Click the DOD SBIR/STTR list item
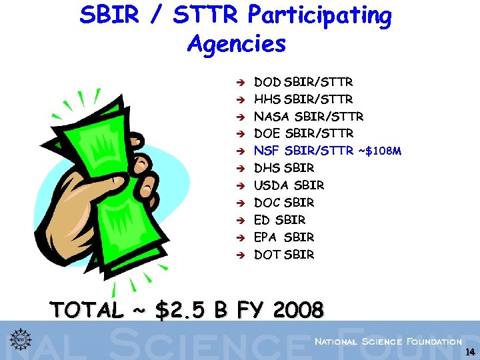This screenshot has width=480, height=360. click(303, 83)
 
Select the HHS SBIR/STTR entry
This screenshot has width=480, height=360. click(303, 100)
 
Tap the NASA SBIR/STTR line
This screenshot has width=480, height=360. click(309, 117)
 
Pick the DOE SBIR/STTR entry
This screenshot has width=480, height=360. click(303, 134)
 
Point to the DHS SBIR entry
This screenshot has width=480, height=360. click(284, 169)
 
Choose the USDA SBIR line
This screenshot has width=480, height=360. click(289, 185)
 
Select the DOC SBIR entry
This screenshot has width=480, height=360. click(284, 203)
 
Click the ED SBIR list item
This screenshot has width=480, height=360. click(280, 220)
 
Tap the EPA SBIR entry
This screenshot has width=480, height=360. click(284, 237)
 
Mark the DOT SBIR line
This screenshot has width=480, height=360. click(284, 255)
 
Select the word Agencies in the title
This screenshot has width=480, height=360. click(237, 45)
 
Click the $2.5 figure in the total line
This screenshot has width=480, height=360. click(181, 310)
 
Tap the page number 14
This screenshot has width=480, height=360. click(470, 352)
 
